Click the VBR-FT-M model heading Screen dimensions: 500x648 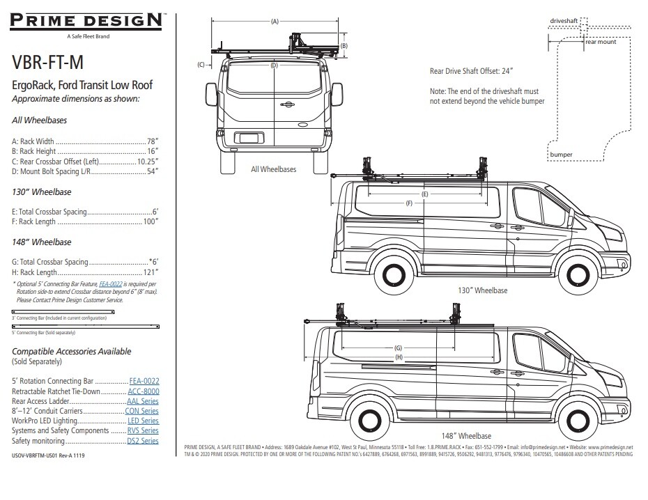48,63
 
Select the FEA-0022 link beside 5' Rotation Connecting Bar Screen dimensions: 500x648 144,381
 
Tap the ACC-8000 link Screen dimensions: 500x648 143,391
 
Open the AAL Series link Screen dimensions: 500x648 143,401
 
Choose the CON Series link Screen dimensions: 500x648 142,411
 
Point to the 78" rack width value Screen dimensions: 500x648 152,141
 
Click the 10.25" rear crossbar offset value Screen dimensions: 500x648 148,161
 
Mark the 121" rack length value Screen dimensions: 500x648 150,272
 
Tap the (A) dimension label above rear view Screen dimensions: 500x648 275,22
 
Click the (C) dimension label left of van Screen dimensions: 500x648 201,65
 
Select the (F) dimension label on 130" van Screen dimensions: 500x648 409,203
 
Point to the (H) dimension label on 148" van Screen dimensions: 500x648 399,357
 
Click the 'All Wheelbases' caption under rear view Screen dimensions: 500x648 273,169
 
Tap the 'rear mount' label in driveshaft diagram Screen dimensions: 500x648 600,42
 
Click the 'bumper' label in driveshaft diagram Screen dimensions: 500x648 561,154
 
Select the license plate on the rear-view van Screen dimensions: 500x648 247,139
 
